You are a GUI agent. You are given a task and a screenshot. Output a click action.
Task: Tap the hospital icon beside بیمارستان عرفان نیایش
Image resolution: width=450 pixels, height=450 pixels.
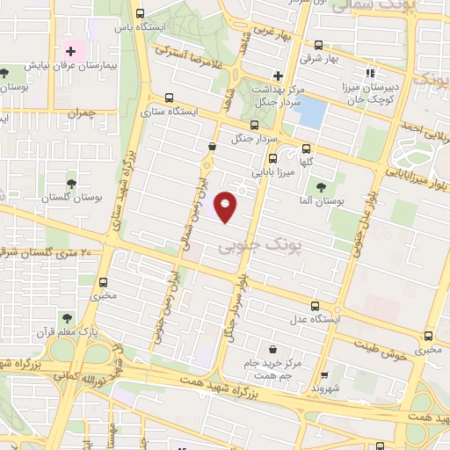pos(70,52)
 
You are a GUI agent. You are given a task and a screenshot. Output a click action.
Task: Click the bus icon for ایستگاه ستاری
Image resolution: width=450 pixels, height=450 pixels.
pos(169,98)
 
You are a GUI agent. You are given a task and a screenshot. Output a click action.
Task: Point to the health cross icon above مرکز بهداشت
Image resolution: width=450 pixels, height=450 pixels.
pos(278,76)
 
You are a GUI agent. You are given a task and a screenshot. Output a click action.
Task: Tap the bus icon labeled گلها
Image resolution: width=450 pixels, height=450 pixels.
pos(306,149)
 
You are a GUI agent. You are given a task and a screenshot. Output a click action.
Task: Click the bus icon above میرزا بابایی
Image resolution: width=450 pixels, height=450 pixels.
pos(272,159)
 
